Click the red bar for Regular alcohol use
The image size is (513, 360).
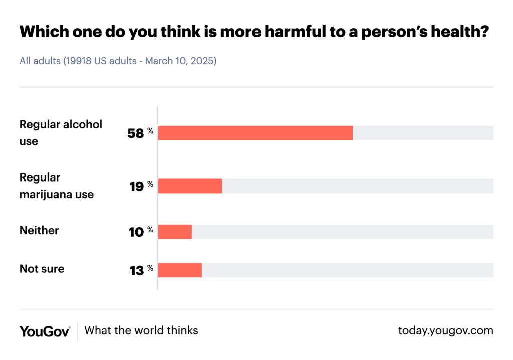coord(255,133)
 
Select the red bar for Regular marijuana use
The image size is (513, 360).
coord(190,186)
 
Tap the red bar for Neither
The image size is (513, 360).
coord(175,232)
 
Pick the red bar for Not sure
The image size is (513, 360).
coord(180,270)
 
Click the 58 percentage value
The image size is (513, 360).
coord(136,134)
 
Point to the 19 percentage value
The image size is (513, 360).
coord(136,187)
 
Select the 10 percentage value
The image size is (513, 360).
coord(136,232)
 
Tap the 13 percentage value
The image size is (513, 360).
coord(136,270)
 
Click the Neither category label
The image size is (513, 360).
coord(39,231)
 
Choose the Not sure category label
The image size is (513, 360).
coord(42,269)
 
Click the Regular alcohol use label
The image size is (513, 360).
coord(60,133)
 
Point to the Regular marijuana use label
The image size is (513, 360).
coord(56,186)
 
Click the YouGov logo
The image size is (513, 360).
coord(45,331)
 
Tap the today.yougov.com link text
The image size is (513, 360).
coord(445,331)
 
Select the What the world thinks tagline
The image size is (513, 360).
coord(141,331)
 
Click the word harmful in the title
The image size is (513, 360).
coord(282,33)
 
